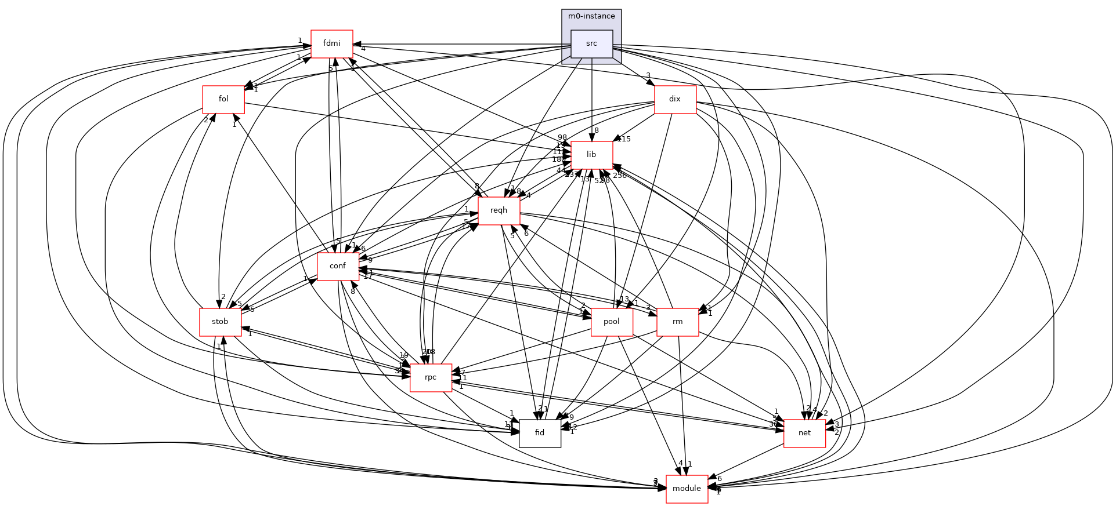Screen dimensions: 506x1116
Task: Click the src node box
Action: [591, 43]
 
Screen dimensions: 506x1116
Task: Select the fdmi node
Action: [331, 43]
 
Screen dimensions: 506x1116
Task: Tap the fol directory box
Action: [223, 99]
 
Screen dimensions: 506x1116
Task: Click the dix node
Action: [674, 99]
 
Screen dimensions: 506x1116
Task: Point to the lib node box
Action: [591, 155]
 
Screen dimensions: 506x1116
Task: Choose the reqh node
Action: [499, 210]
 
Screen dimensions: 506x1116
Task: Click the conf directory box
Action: [337, 266]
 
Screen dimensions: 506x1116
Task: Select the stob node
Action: [220, 322]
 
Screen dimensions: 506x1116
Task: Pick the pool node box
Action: [612, 322]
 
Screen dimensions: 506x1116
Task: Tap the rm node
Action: [677, 322]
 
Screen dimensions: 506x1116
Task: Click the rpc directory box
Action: [431, 377]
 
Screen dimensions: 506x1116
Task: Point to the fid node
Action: [540, 433]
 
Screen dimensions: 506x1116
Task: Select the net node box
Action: [804, 433]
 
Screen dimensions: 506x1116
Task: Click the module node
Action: [687, 489]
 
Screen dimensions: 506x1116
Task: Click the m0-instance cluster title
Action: [591, 16]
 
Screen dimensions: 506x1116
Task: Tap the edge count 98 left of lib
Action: [562, 137]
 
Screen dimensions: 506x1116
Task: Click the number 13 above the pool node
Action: [624, 299]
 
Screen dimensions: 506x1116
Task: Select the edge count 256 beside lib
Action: [619, 176]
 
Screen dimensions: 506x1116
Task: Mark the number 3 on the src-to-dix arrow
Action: [648, 75]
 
